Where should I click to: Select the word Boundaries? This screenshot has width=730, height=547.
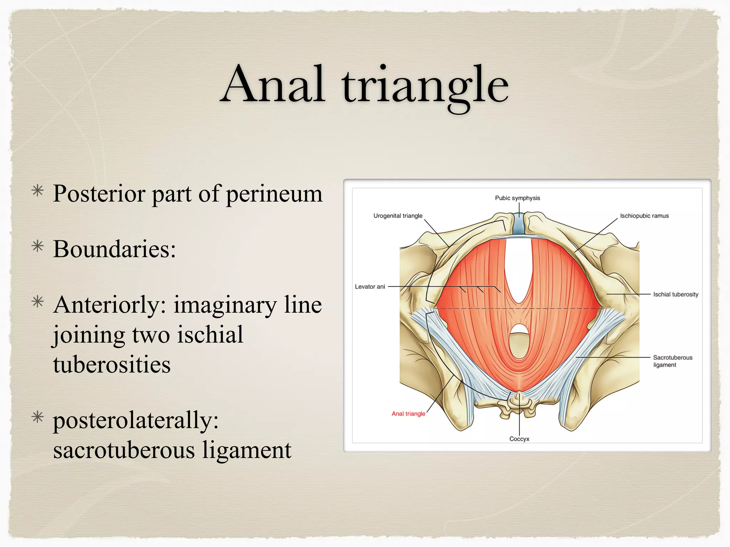click(x=114, y=249)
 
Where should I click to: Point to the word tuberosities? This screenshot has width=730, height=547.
click(x=112, y=365)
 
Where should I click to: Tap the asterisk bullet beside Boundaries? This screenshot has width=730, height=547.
click(x=38, y=246)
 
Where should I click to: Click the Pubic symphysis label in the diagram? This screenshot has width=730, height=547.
click(x=517, y=198)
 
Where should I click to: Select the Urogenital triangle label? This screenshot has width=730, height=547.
click(x=398, y=216)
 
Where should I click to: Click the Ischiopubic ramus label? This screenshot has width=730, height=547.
click(x=644, y=216)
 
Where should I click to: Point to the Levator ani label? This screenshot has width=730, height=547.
click(x=370, y=287)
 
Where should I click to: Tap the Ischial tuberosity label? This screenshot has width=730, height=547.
click(x=675, y=295)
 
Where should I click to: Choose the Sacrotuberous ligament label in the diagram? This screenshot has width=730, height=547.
click(x=672, y=361)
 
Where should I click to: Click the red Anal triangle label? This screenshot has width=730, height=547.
click(x=408, y=414)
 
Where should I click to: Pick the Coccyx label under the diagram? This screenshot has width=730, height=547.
click(x=519, y=439)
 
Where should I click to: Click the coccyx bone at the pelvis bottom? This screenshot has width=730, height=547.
click(x=519, y=404)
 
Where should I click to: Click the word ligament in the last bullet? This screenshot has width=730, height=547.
click(x=247, y=450)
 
